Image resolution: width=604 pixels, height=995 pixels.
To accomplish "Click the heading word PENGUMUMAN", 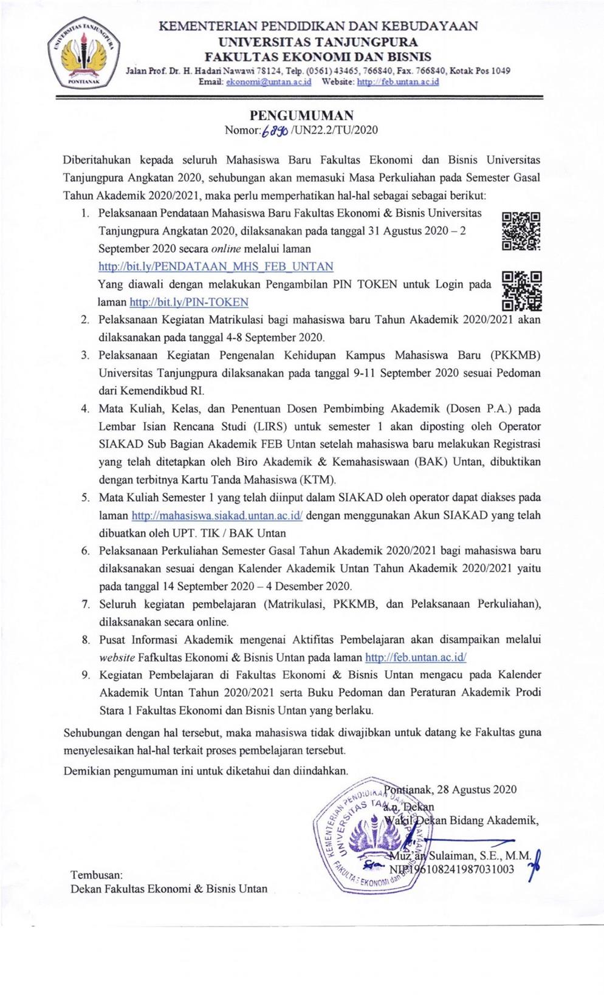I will pos(301,115).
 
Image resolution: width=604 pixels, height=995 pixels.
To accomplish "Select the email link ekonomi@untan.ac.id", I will pos(269,82).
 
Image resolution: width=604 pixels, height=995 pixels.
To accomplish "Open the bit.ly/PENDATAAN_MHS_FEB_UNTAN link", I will pos(216,266).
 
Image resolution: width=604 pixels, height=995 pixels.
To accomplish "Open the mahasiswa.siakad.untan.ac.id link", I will pos(217,516).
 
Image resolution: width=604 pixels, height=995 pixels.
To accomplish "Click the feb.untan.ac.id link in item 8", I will pos(415,657).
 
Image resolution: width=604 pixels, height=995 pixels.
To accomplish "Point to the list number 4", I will pos(86,408).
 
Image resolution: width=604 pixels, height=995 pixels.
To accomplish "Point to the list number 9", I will pos(86,675).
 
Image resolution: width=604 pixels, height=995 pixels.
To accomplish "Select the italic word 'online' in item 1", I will pos(226,248).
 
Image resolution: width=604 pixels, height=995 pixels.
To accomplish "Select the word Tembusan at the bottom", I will pos(97,875).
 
